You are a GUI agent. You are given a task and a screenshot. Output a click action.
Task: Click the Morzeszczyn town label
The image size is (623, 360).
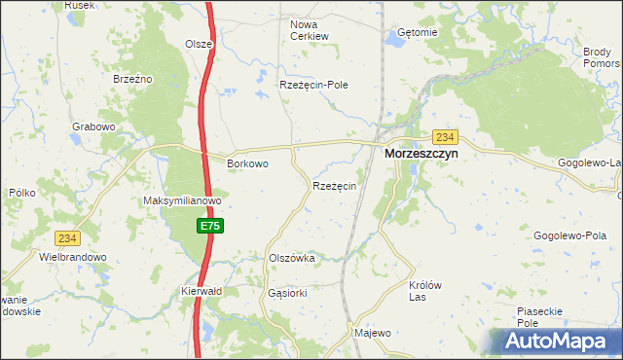[x=421, y=154]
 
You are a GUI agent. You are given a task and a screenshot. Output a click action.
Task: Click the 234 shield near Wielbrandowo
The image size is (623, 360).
[x=67, y=237]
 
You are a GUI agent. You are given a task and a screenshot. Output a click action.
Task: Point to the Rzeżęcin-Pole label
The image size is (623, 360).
[x=313, y=85]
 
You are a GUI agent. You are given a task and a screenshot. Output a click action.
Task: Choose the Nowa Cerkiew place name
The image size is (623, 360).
[x=311, y=29]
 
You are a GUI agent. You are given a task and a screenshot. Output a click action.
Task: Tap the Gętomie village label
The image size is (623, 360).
[x=419, y=32]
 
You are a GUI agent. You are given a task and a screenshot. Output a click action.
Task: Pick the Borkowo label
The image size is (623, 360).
[x=247, y=163]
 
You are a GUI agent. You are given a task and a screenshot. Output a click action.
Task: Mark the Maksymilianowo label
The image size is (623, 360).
[x=183, y=201]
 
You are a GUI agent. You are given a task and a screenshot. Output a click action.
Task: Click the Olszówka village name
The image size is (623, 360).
[x=291, y=258]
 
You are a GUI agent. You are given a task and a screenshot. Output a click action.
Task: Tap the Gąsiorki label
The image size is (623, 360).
[x=287, y=292]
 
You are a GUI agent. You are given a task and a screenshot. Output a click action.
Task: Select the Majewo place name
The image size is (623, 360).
[x=373, y=333]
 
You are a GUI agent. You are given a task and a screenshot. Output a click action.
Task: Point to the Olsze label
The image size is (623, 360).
[x=199, y=44]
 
